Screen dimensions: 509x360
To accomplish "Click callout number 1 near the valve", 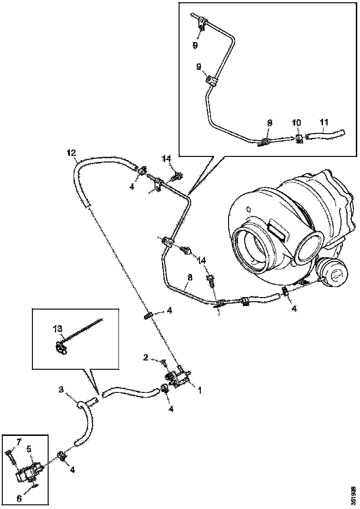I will click(200, 391).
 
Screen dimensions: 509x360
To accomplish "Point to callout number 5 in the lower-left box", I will click(29, 448).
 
